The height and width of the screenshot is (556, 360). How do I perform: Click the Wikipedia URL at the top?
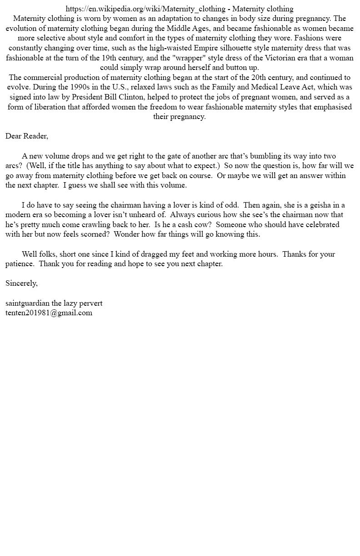coord(145,9)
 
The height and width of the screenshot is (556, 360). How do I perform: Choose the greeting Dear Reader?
coord(27,136)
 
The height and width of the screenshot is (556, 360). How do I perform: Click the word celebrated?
coord(318,224)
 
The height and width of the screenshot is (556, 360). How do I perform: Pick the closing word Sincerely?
coord(21,283)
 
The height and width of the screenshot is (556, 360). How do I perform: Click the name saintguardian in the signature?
coord(27,303)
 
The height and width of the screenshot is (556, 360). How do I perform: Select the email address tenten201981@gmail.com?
coord(49,313)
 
